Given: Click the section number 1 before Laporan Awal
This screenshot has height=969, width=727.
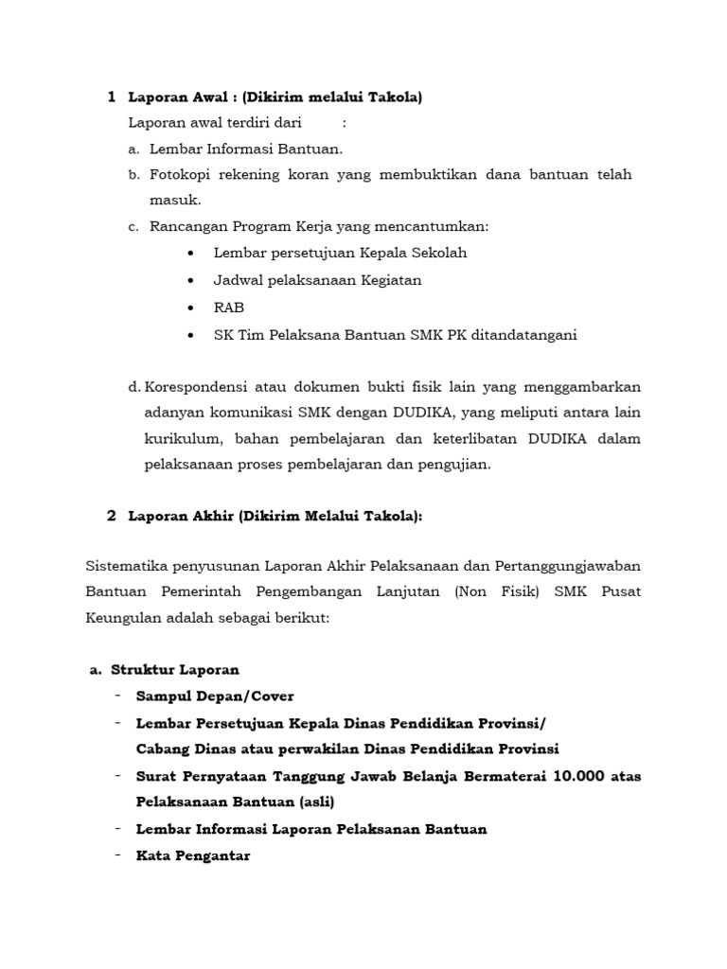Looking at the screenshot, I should (112, 97).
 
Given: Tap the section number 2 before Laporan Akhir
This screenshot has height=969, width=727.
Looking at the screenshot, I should (112, 516).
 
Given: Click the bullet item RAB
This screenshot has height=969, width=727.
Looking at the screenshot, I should (229, 308).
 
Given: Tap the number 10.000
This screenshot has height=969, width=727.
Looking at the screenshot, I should (576, 776).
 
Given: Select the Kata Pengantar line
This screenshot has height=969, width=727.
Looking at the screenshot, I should (193, 855).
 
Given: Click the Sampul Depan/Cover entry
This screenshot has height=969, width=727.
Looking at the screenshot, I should (215, 696).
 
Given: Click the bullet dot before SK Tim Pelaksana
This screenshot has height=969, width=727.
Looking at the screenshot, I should (192, 335).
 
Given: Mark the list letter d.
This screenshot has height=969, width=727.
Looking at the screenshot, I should (133, 386).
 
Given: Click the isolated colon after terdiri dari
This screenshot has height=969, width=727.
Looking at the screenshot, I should (344, 123).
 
